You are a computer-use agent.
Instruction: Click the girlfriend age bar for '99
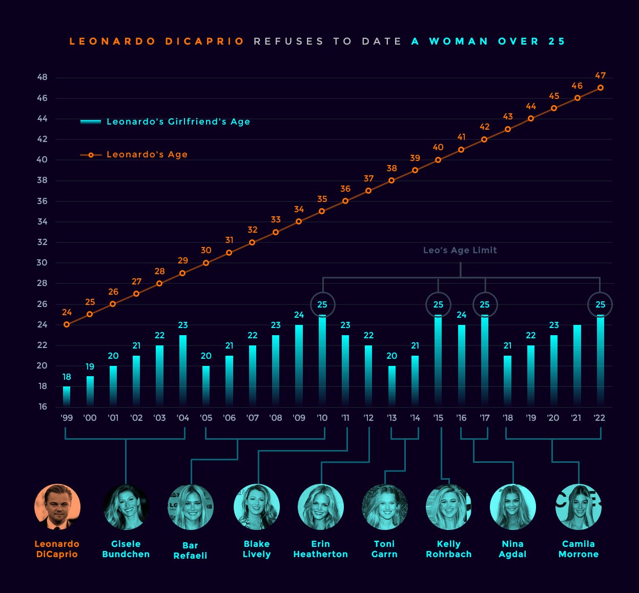67,396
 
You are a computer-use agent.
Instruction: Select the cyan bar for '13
391,386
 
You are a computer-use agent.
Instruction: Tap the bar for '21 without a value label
577,365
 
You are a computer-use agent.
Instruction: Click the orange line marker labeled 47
600,88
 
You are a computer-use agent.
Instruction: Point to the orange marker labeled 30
206,263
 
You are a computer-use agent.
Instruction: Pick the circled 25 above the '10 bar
322,304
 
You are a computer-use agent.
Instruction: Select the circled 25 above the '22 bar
600,304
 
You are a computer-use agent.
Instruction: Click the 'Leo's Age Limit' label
460,250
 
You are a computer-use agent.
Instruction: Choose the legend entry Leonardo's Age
147,154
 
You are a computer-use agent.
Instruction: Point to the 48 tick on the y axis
42,77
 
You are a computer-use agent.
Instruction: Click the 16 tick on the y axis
42,406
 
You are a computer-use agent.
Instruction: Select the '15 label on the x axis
438,418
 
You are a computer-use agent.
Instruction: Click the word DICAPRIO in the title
205,41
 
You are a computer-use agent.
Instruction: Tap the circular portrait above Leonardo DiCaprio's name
57,507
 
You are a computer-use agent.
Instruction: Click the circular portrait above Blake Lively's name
256,507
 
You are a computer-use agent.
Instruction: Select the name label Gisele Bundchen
126,549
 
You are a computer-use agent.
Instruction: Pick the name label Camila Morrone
578,549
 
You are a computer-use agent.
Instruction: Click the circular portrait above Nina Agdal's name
512,507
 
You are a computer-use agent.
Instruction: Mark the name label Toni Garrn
384,549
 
